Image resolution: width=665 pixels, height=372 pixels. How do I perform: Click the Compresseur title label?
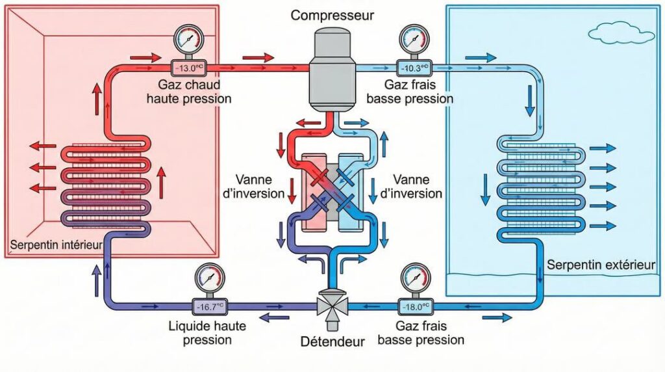332,15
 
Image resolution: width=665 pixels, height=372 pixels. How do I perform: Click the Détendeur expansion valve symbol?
332,304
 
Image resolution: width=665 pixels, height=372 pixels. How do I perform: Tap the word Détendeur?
332,341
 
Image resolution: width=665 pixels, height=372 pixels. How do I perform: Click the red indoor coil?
107,185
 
